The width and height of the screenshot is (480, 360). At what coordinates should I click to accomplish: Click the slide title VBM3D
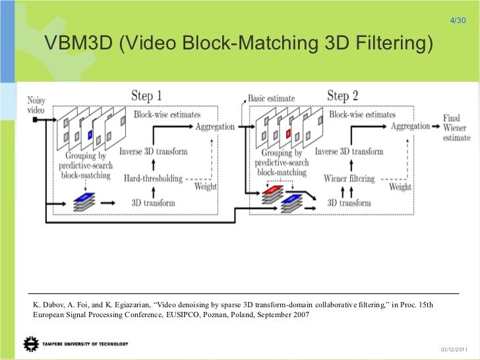239,44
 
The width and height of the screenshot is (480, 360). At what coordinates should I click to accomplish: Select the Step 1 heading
146,96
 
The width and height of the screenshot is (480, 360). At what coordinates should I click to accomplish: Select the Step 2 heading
342,96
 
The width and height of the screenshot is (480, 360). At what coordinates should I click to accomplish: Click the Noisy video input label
36,105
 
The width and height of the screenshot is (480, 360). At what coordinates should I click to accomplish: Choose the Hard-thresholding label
154,178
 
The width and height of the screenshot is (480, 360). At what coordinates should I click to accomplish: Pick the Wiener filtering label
349,178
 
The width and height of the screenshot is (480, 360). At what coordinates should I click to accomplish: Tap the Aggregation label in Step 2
411,126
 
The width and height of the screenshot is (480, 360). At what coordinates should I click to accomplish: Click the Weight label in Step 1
205,187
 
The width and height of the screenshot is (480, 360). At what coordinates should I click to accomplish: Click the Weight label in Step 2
400,187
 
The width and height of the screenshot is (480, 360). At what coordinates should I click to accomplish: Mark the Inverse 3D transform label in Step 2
349,152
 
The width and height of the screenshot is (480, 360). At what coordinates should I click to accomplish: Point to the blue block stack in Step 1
84,201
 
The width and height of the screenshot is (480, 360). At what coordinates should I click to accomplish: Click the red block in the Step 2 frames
288,135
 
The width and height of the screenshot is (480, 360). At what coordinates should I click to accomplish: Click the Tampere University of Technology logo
76,344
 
